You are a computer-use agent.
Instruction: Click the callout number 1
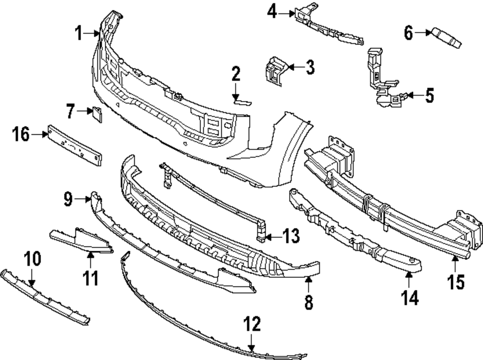coord(79,33)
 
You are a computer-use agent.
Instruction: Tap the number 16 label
coord(21,134)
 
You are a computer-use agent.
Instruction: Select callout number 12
coord(252,324)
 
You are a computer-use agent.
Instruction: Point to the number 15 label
coord(456,282)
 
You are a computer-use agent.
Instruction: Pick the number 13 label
coord(291,236)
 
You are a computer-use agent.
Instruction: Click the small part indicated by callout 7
coord(97,114)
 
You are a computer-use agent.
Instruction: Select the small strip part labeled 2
coord(242,101)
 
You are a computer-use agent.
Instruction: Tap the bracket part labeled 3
coord(274,71)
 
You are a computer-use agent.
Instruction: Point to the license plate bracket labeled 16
coord(74,145)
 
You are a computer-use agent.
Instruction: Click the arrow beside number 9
coord(83,200)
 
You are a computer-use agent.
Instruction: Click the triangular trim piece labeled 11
coord(82,241)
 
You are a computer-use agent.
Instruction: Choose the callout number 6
coord(409,33)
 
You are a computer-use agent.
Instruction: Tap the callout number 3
coord(310,67)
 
